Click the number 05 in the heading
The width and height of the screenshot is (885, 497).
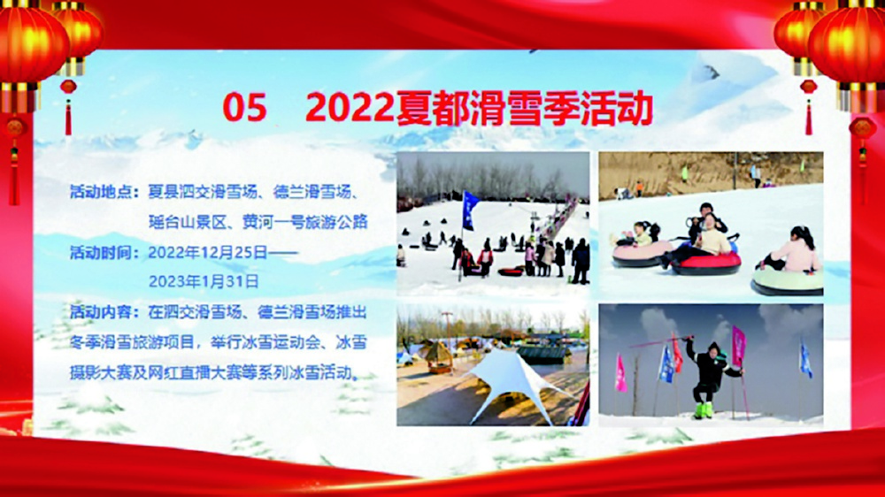pyautogui.click(x=244, y=108)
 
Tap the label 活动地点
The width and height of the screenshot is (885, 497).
pyautogui.click(x=101, y=193)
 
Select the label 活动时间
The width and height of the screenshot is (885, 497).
pyautogui.click(x=101, y=253)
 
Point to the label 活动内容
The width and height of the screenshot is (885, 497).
pyautogui.click(x=101, y=312)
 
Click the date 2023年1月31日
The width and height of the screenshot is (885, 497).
pyautogui.click(x=204, y=281)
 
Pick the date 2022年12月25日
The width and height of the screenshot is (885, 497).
pyautogui.click(x=208, y=253)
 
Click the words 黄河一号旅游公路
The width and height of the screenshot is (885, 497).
pyautogui.click(x=304, y=222)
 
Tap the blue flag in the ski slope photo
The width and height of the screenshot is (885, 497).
pyautogui.click(x=470, y=210)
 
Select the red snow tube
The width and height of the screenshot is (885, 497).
pyautogui.click(x=706, y=263)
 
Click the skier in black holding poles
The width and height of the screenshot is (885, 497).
pyautogui.click(x=710, y=376)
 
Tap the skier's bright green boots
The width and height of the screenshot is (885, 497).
pyautogui.click(x=704, y=410)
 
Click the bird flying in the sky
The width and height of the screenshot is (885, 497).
pyautogui.click(x=711, y=71)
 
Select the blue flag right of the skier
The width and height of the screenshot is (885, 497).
pyautogui.click(x=805, y=359)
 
